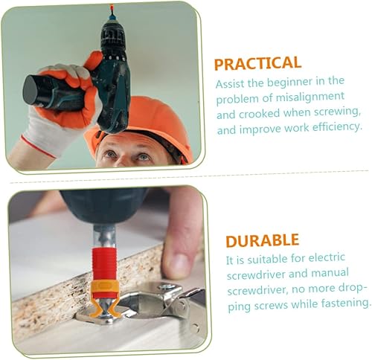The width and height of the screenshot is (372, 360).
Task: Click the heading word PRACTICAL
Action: tap(257, 63)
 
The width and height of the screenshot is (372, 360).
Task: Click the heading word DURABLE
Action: tap(262, 240)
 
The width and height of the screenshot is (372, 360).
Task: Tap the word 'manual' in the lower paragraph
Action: tap(330, 273)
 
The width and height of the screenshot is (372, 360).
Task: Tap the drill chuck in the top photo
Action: tap(113, 37)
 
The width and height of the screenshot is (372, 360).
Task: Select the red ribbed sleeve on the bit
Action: tap(104, 264)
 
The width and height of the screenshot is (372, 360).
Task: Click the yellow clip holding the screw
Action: tap(103, 296)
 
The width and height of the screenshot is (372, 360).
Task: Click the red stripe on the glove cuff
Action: tap(39, 147)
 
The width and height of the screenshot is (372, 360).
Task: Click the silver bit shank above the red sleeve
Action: tap(104, 237)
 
